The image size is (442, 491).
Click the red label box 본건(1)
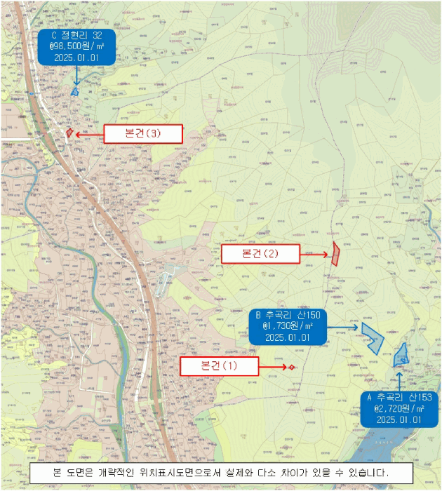coord(220,366)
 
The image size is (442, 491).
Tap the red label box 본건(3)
coord(143,134)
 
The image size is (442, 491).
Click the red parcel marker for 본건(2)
coord(336,254)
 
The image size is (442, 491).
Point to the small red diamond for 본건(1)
coord(291,367)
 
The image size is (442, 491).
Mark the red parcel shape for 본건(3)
coord(69,132)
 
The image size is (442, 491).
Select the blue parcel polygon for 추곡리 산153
coord(402,356)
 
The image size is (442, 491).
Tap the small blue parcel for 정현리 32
coord(75,90)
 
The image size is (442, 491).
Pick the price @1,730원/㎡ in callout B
coord(288,326)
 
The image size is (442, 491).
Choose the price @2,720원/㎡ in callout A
coord(399,408)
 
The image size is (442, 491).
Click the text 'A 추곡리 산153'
coord(399,396)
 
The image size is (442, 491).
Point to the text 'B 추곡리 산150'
coord(288,315)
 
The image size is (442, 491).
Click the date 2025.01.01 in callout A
coord(399,419)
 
